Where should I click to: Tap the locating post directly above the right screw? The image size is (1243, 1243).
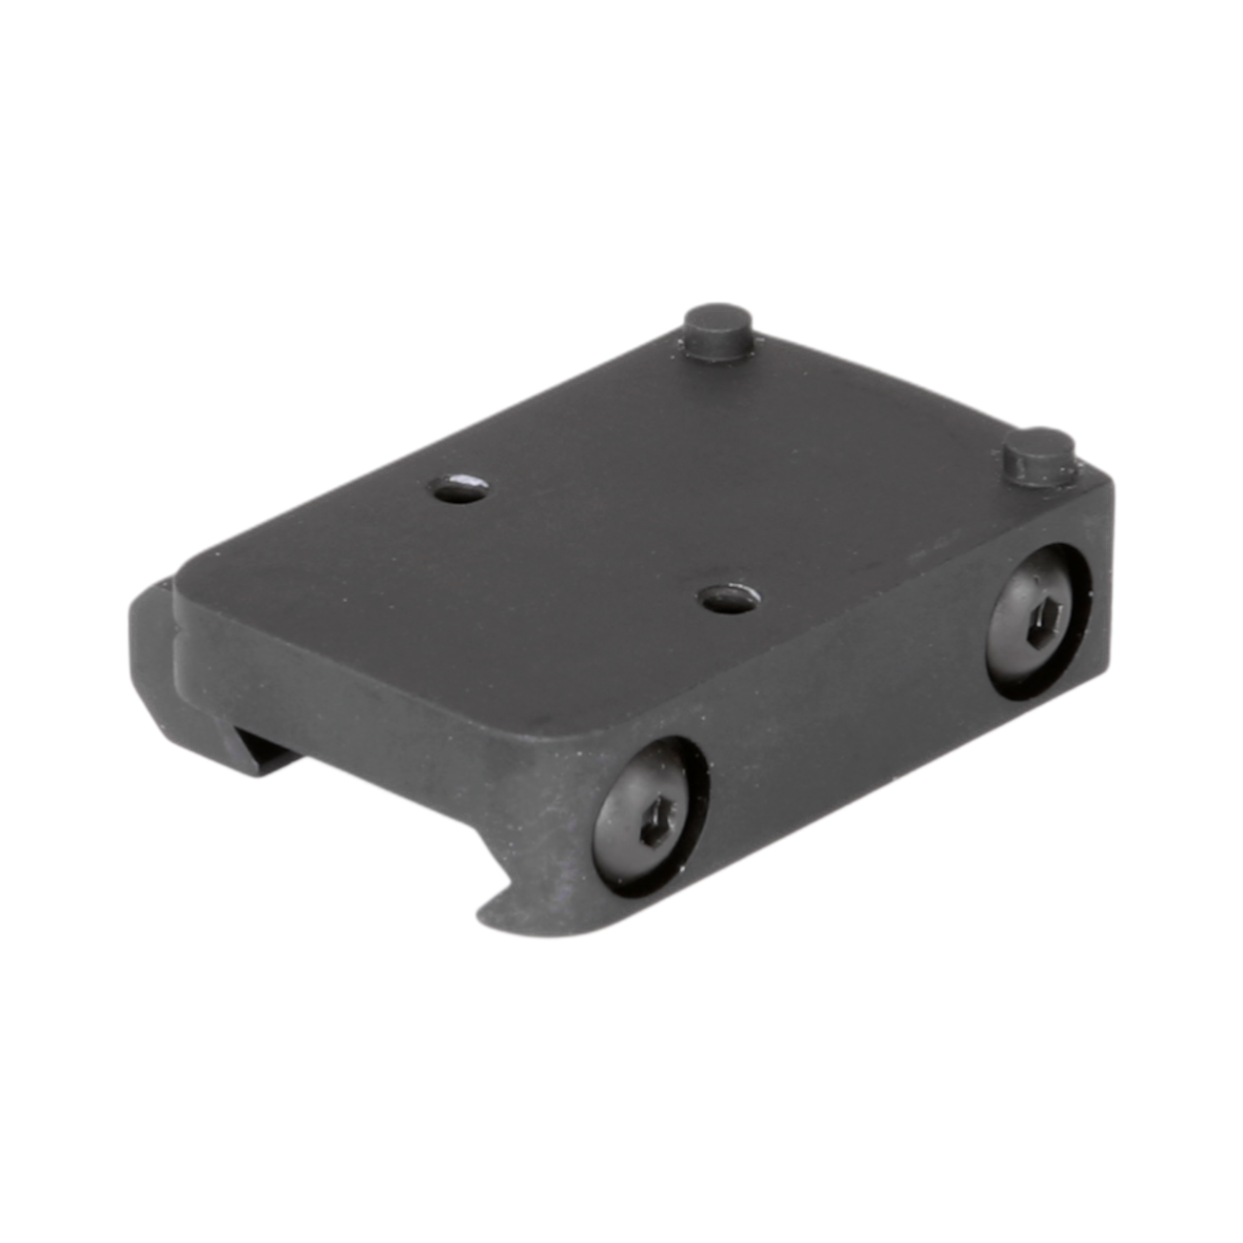pos(1038,460)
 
